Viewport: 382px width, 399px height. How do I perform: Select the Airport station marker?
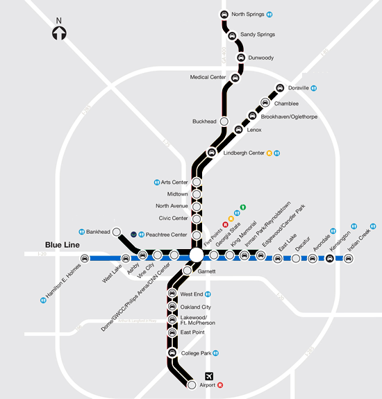[x=192, y=384]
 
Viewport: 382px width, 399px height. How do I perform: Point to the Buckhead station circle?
[x=224, y=121]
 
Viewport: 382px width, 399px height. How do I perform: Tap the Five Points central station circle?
[x=196, y=256]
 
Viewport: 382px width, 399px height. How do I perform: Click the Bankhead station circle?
[x=116, y=232]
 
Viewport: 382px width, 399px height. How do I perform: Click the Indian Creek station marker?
[x=349, y=259]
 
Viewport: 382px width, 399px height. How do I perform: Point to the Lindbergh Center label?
[x=244, y=153]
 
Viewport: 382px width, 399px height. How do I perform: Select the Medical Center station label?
[x=208, y=77]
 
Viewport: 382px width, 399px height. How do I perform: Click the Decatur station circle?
[x=296, y=259]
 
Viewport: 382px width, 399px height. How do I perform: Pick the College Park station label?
[x=196, y=353]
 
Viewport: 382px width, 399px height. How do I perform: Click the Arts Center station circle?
[x=197, y=182]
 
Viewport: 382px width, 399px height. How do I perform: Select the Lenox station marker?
[x=238, y=130]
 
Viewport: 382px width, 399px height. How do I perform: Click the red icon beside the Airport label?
[x=221, y=384]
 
